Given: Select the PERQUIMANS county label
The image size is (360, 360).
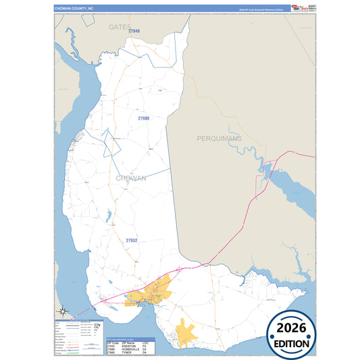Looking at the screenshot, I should point(219,138).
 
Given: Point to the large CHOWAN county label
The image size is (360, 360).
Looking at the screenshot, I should point(131,178).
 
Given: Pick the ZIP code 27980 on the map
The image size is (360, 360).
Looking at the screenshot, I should point(143,118).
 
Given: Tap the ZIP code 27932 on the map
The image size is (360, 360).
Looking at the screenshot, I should point(131,240).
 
